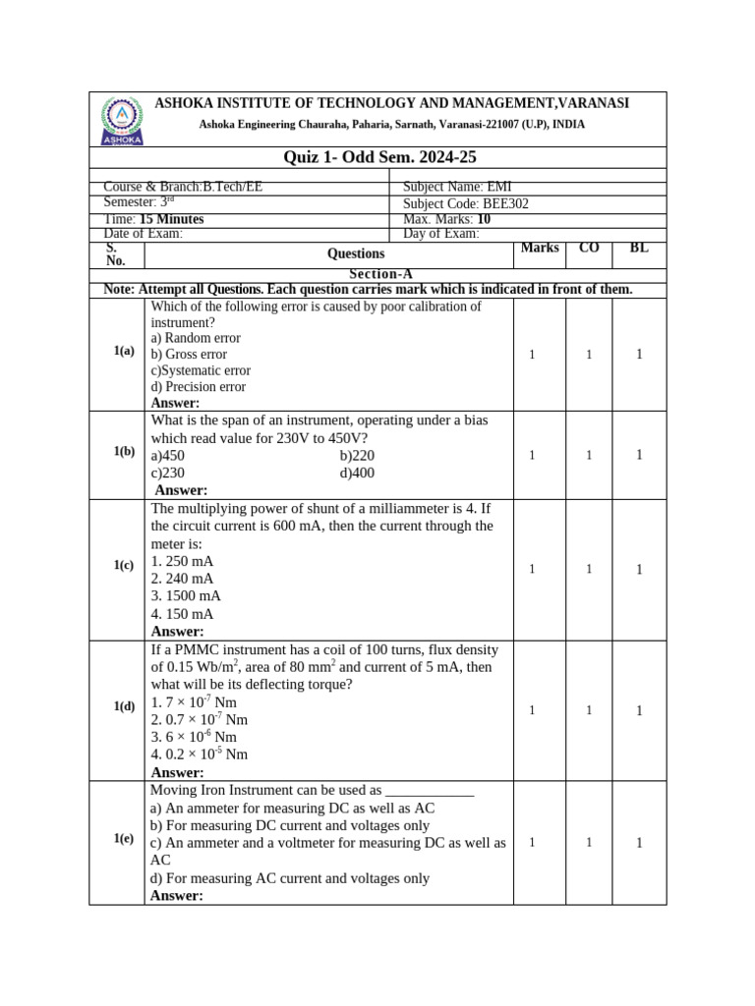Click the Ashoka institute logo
pos(122,120)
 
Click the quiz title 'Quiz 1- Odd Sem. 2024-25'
pos(379,158)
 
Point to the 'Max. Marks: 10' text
pos(447,219)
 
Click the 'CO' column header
pos(589,249)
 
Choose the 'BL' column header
pos(639,249)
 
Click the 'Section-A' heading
pos(378,275)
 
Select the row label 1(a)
pos(123,351)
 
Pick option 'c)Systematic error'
pos(201,370)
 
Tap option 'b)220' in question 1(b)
pos(357,456)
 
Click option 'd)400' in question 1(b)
pos(357,473)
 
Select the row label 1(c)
pos(123,565)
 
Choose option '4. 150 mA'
pos(183,614)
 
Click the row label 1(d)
pos(123,706)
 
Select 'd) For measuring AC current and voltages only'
pos(290,878)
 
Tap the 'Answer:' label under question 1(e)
pos(177,896)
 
